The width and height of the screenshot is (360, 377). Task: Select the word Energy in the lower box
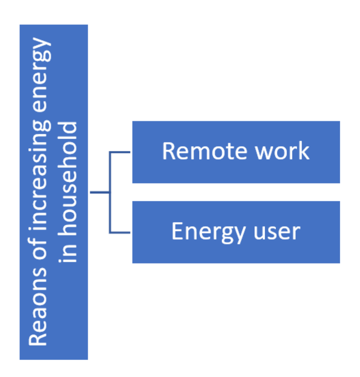coord(208,232)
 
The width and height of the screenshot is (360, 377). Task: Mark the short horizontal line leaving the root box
coord(100,192)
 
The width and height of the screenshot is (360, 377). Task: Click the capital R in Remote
coord(168,151)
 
